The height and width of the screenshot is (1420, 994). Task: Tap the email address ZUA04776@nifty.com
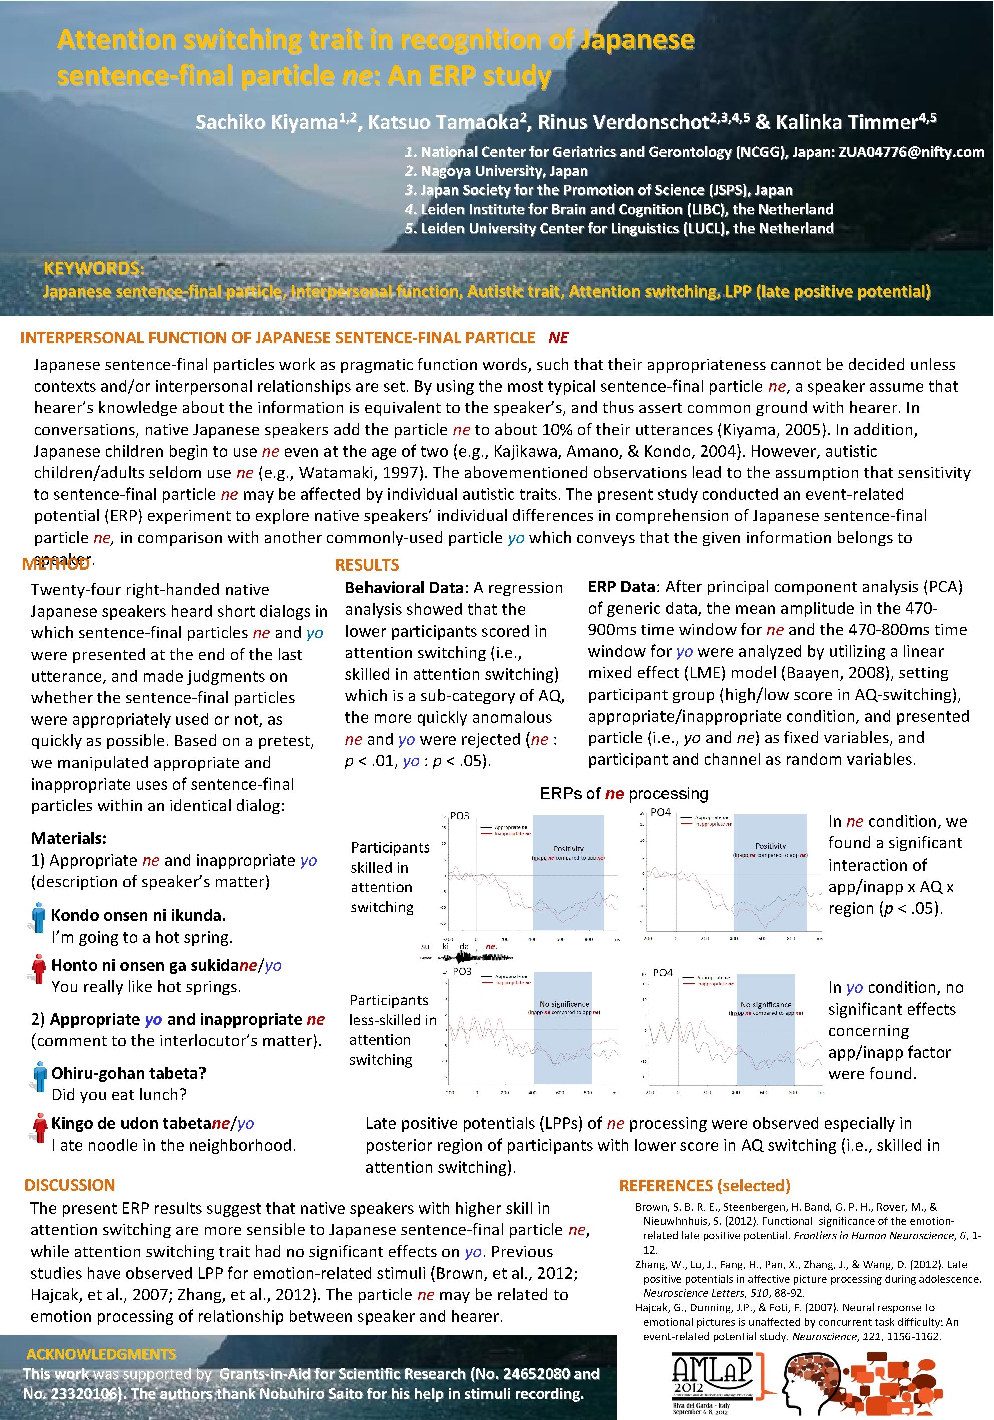click(x=910, y=152)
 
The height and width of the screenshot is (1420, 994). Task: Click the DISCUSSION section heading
click(x=69, y=1185)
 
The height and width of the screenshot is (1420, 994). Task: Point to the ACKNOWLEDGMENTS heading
click(x=101, y=1354)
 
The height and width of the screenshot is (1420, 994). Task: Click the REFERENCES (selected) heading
click(x=705, y=1185)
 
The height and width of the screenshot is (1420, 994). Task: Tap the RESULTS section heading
click(x=367, y=564)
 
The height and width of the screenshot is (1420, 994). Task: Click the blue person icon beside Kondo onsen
click(x=39, y=917)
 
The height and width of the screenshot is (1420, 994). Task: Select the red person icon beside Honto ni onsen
click(x=39, y=967)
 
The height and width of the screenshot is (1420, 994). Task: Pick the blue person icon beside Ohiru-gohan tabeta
click(x=40, y=1075)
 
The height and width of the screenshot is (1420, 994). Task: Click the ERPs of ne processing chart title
click(x=624, y=793)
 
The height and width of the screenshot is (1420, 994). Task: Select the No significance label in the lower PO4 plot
click(x=765, y=1005)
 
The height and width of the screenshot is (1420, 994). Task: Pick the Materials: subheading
click(x=69, y=838)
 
